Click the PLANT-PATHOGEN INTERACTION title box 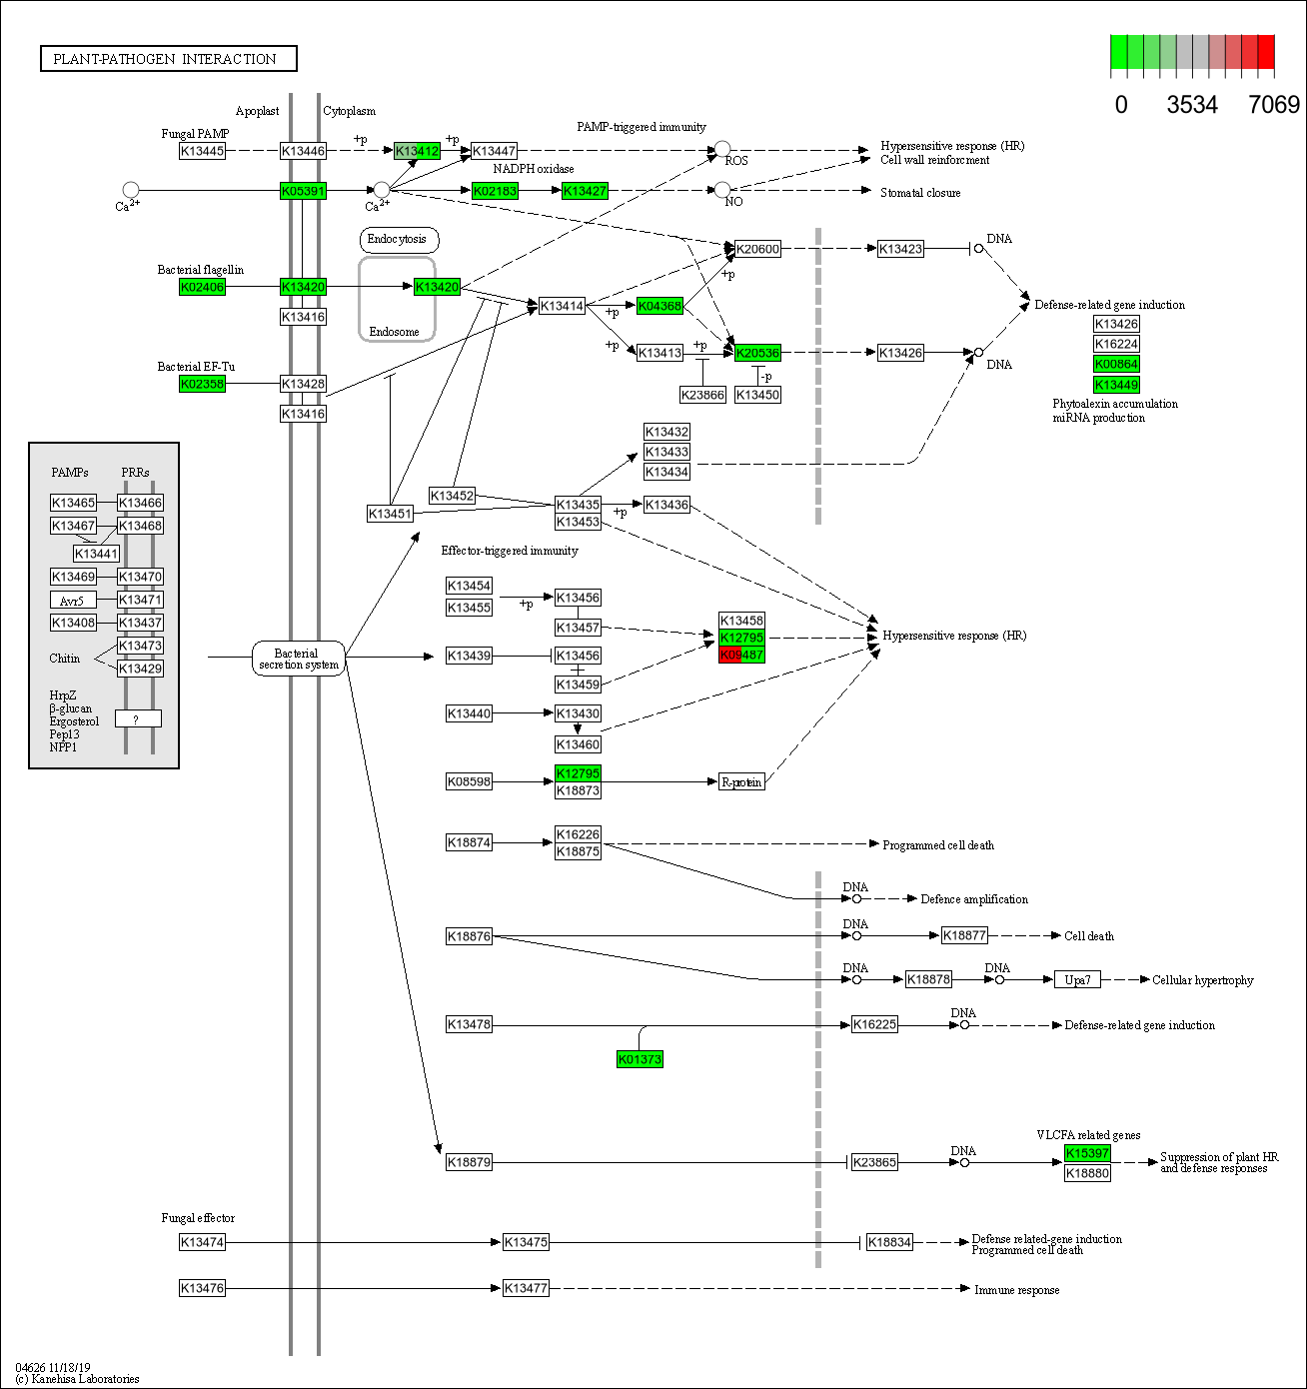pos(168,59)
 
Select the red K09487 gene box pos(741,655)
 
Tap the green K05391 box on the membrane pos(303,191)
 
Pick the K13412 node pos(417,151)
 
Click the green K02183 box pos(495,191)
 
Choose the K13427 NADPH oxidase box pos(585,191)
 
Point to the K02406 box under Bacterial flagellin pos(202,287)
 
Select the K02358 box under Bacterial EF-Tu pos(202,384)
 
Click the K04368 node pos(659,306)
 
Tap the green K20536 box pos(757,353)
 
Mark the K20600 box pos(757,249)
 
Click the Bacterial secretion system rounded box pos(298,659)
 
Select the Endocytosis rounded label pos(398,239)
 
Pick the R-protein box pos(741,781)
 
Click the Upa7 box pos(1077,979)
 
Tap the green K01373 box pos(640,1059)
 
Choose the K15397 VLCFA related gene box pos(1087,1153)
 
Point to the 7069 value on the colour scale pos(1274,105)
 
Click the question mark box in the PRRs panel pos(138,718)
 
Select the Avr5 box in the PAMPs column pos(73,601)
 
